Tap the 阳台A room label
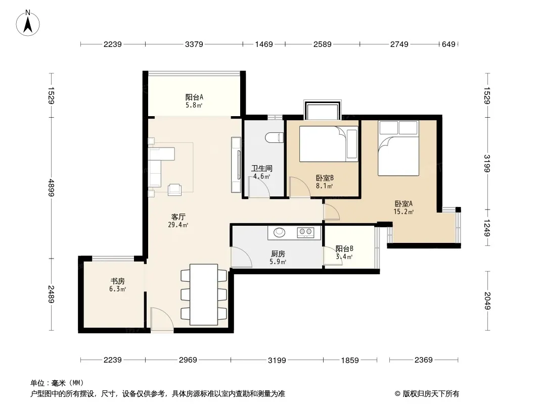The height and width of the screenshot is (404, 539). (194, 97)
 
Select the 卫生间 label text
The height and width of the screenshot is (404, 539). (261, 168)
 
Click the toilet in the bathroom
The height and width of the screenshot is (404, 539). (275, 137)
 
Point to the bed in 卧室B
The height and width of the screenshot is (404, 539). (329, 144)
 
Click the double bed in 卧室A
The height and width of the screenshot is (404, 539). (398, 148)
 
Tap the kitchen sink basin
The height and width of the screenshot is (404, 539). (280, 232)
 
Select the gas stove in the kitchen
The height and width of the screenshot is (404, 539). (305, 232)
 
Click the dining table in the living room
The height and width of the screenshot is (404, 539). (204, 294)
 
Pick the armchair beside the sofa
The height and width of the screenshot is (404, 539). (174, 189)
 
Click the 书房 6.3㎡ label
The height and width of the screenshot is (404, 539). (118, 285)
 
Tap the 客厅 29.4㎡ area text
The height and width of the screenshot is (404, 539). (178, 221)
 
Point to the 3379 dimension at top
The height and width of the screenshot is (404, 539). (194, 44)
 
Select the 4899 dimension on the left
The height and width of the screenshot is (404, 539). (51, 187)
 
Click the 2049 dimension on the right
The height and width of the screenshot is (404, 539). (487, 300)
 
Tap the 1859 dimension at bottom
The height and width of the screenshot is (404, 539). (349, 360)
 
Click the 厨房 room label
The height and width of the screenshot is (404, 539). (278, 254)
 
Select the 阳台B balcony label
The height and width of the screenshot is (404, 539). (344, 248)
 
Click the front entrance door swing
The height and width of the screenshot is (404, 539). (162, 320)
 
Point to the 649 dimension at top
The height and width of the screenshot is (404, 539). (448, 44)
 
